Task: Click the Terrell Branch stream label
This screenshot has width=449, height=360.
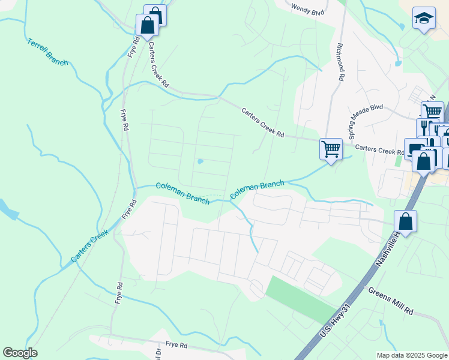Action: coord(47,52)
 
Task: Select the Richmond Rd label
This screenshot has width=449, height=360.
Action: coord(340,62)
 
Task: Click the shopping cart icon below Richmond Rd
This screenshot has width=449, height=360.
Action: coord(331,148)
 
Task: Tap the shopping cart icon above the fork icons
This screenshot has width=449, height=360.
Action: coord(432,112)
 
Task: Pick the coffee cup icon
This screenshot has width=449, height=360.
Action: coord(414,148)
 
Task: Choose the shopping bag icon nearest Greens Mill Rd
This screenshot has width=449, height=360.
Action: coord(406,221)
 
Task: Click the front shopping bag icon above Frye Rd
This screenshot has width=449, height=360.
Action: coord(147,26)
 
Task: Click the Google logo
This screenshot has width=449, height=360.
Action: coord(20,353)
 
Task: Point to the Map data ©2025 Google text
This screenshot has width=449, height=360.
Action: coord(411,355)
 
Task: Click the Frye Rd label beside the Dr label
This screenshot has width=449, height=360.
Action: coord(177,345)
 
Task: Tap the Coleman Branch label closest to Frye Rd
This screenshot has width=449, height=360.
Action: coord(182,194)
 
